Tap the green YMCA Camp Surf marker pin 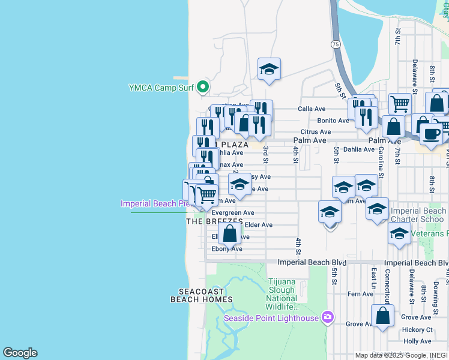pos(203,88)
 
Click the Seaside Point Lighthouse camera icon pos(327,316)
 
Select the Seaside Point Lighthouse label pos(271,318)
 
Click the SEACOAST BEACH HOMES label pos(201,295)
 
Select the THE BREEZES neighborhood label pos(206,221)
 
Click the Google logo pos(20,353)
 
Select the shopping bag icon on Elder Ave pos(230,233)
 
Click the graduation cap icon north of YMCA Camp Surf pos(270,70)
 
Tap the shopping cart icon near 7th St pos(400,103)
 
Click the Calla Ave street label pos(312,109)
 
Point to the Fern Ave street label pos(360,294)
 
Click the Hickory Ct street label pos(417,329)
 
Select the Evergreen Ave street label pos(234,213)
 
